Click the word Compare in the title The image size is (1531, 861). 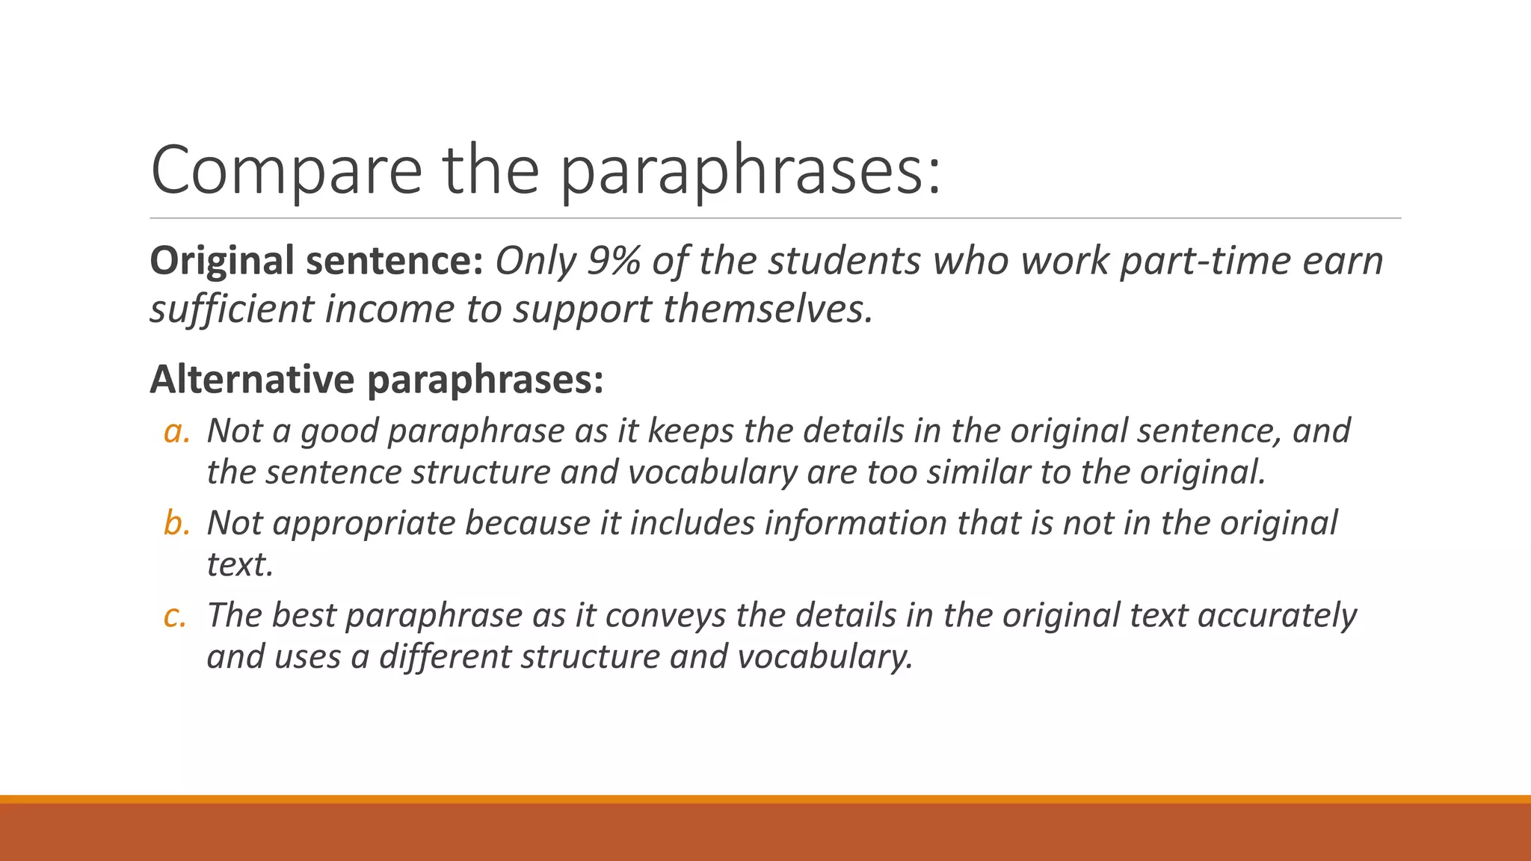(286, 170)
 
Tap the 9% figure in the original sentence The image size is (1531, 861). (614, 261)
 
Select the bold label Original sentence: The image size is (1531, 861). (317, 261)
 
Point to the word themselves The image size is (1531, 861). (768, 309)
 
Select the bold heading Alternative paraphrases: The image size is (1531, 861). (376, 380)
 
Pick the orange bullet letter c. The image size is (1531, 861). (174, 616)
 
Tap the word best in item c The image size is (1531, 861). (303, 616)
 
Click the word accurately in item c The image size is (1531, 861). (1277, 616)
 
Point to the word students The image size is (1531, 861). (844, 261)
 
